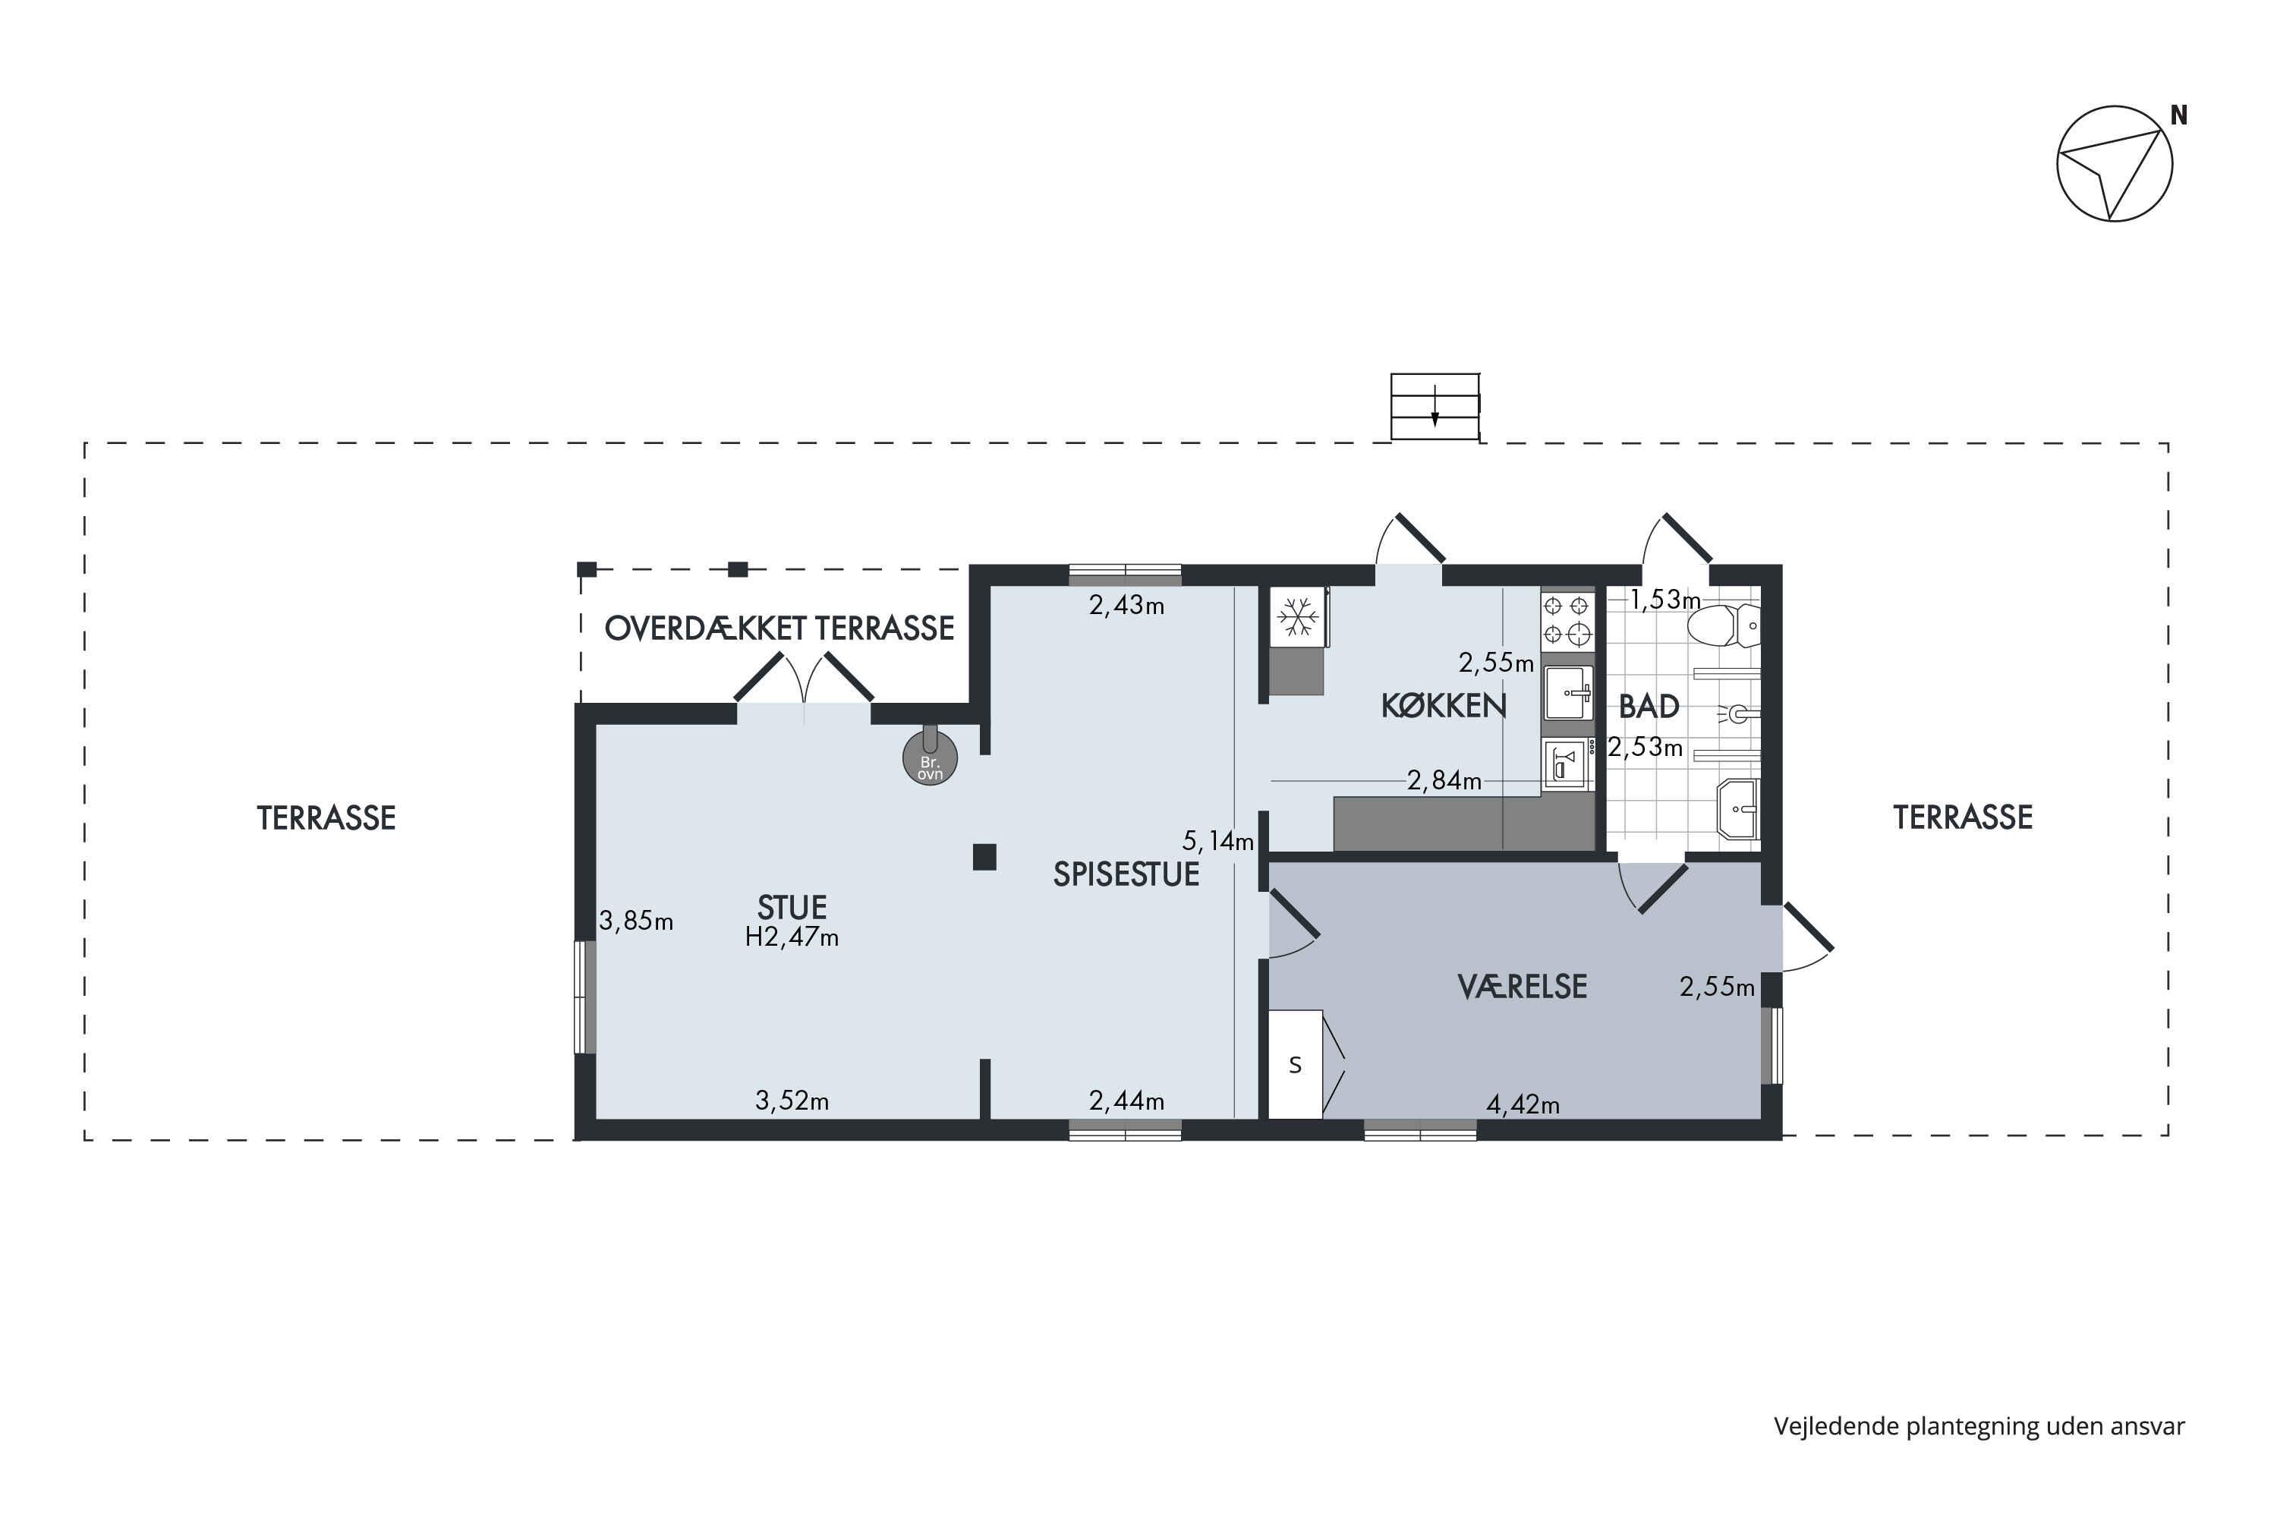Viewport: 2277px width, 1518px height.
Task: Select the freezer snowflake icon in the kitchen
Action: [1297, 616]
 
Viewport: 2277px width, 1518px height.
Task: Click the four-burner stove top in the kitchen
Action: [1567, 619]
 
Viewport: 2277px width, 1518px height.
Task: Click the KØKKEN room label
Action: [1444, 707]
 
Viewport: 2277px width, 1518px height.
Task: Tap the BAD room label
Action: [1649, 707]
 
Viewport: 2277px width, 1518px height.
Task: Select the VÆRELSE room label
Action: [1522, 987]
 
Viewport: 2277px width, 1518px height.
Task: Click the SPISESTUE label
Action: [1126, 874]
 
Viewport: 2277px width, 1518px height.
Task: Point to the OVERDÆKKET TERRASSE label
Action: [779, 628]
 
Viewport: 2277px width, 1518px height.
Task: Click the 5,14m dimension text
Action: [1218, 840]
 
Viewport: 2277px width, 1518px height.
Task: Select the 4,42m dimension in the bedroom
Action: [1523, 1104]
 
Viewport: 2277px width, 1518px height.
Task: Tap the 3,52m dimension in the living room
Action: [792, 1101]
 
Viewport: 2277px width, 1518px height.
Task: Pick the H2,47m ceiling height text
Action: [792, 937]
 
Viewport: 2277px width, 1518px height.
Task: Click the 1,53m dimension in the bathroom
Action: [1665, 600]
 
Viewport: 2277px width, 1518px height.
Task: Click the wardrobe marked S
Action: [1296, 1065]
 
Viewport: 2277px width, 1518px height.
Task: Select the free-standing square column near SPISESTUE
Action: [984, 857]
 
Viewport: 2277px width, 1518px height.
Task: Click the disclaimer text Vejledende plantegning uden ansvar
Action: [1979, 1426]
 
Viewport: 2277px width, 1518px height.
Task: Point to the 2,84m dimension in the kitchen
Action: [1444, 780]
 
